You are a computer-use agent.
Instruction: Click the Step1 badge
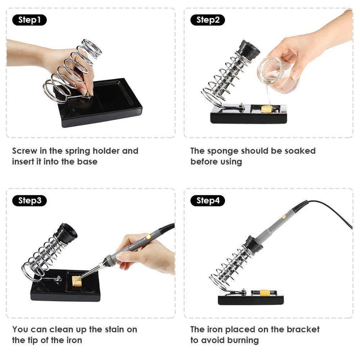coord(29,20)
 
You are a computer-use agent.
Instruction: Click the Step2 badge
coord(208,20)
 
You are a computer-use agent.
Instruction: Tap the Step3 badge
coord(29,200)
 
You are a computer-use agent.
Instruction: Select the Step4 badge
coord(208,200)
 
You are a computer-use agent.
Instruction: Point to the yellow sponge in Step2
coord(267,109)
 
